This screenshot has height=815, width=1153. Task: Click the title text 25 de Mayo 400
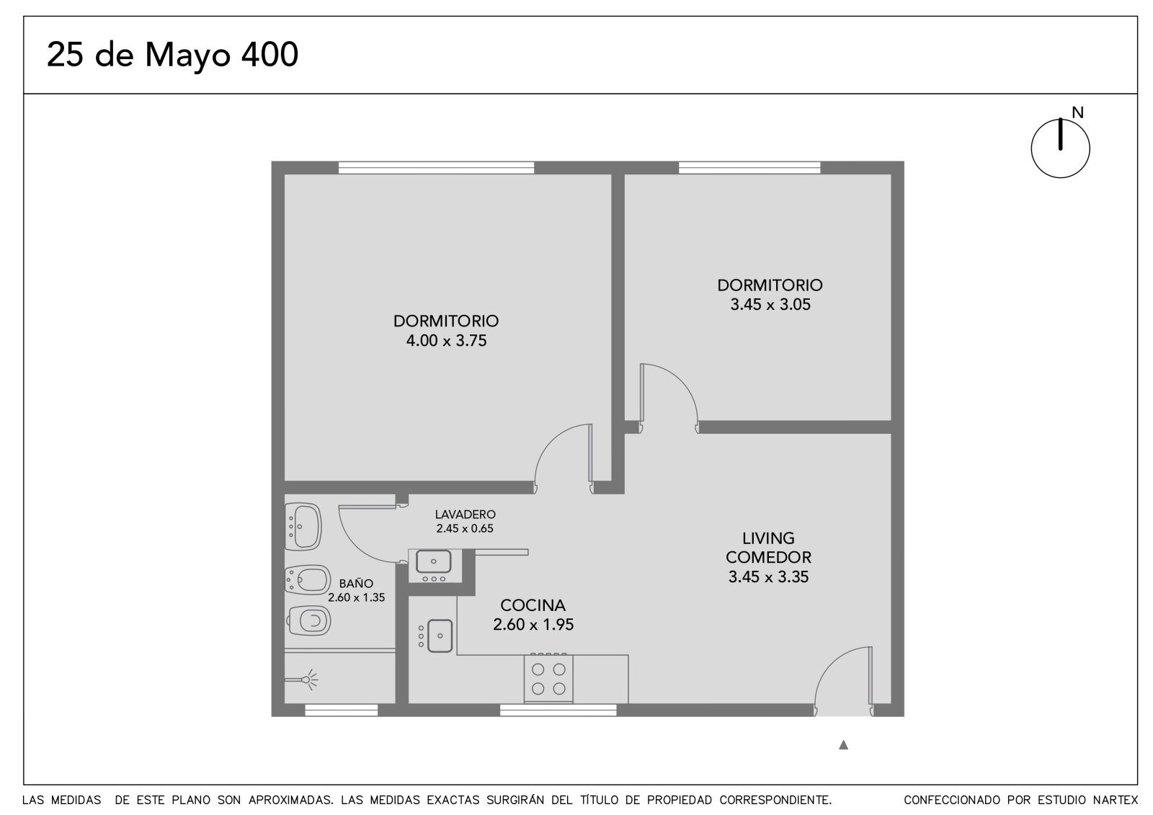tap(172, 55)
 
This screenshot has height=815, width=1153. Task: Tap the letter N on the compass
tap(1077, 112)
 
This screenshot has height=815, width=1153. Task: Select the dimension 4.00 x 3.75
tap(446, 341)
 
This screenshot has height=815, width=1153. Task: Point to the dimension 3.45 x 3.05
tap(770, 305)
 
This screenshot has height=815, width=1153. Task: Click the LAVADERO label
tap(466, 515)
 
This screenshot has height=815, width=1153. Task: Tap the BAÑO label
tap(356, 584)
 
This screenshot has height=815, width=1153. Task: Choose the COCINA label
tap(533, 605)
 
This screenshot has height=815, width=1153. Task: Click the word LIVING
tap(768, 538)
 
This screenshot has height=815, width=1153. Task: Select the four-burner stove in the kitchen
tap(548, 679)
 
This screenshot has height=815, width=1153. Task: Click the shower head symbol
tap(308, 680)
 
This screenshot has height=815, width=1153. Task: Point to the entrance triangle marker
tap(843, 745)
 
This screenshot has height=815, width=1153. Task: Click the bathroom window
tap(342, 711)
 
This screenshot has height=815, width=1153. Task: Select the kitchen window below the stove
tap(558, 711)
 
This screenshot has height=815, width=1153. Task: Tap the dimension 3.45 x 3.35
tap(768, 577)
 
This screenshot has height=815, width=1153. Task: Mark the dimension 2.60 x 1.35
tap(356, 597)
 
